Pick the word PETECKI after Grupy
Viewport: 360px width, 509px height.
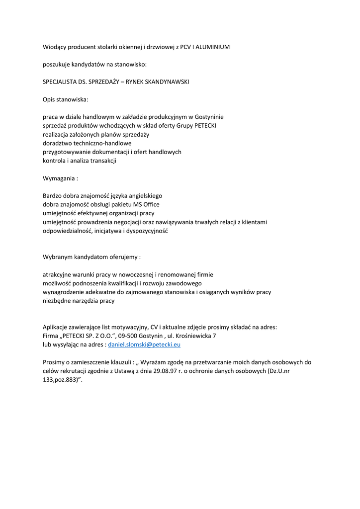point(204,126)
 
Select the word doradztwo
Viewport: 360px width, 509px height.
point(58,143)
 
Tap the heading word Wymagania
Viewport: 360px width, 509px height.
point(59,178)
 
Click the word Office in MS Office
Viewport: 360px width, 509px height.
point(151,204)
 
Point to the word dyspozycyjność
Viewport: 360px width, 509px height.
point(144,231)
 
